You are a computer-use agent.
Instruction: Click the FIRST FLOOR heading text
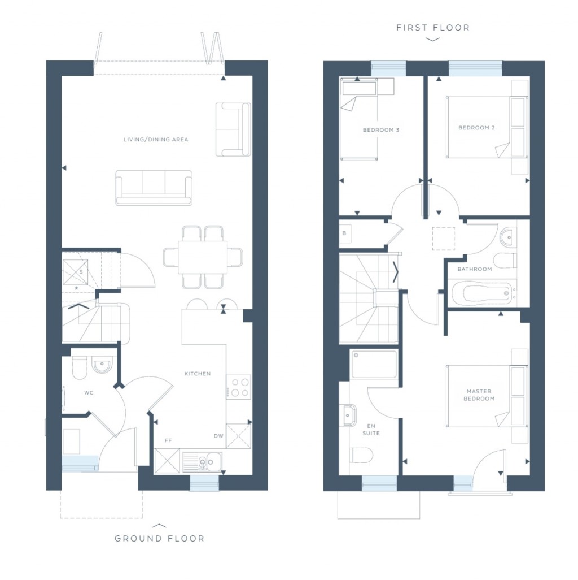(x=432, y=27)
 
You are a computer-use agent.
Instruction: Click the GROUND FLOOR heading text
(x=159, y=538)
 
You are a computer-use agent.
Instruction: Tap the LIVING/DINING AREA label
(x=156, y=139)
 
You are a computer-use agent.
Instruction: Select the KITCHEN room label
(x=198, y=374)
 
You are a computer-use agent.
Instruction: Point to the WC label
(x=89, y=392)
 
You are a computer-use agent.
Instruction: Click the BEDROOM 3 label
(x=381, y=131)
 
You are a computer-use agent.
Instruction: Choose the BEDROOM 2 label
(x=476, y=128)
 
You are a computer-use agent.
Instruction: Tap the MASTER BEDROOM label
(x=479, y=395)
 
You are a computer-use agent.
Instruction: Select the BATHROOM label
(x=474, y=269)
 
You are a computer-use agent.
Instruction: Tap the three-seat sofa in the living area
(x=153, y=187)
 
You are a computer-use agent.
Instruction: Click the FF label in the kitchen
(x=168, y=440)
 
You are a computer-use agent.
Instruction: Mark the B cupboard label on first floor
(x=344, y=233)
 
